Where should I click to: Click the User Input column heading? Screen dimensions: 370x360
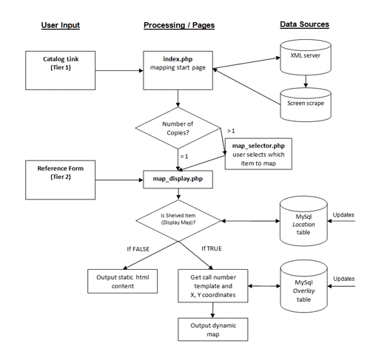pyautogui.click(x=61, y=25)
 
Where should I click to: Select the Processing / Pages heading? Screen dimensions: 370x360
pyautogui.click(x=179, y=25)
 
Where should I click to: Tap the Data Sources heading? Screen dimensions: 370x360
pyautogui.click(x=304, y=24)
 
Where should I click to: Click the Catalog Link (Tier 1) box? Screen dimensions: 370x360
pyautogui.click(x=61, y=70)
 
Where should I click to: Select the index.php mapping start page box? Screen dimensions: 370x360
pyautogui.click(x=178, y=70)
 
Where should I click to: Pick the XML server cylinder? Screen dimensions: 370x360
pyautogui.click(x=306, y=58)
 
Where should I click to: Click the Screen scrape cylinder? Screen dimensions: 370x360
pyautogui.click(x=306, y=105)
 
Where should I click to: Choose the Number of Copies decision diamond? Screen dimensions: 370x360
pyautogui.click(x=178, y=128)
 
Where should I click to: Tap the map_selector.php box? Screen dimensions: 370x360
pyautogui.click(x=258, y=154)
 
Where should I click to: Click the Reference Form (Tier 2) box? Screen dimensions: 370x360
pyautogui.click(x=61, y=180)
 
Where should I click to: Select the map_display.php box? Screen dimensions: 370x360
pyautogui.click(x=178, y=180)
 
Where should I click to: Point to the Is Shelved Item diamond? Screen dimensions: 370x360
pyautogui.click(x=178, y=220)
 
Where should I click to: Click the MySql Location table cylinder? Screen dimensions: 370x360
pyautogui.click(x=303, y=221)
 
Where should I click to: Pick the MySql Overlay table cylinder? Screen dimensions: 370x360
pyautogui.click(x=304, y=286)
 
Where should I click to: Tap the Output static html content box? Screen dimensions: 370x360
pyautogui.click(x=123, y=281)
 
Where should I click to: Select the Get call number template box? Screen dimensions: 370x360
pyautogui.click(x=213, y=286)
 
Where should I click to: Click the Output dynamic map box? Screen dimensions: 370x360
pyautogui.click(x=213, y=330)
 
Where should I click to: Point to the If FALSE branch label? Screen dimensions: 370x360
pyautogui.click(x=138, y=249)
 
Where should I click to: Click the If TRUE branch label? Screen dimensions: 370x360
pyautogui.click(x=212, y=248)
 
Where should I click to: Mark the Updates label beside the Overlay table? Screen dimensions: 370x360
pyautogui.click(x=344, y=279)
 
